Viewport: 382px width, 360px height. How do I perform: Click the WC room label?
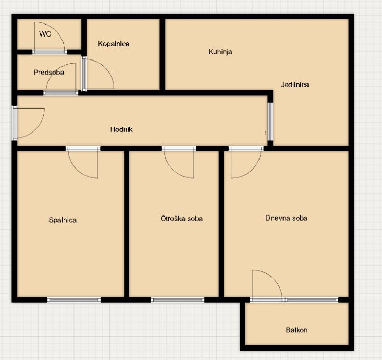pos(45,34)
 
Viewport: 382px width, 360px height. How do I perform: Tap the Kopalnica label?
pos(114,44)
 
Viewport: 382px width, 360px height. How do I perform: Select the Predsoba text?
pos(49,73)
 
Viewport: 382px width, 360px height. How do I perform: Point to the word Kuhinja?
pos(220,52)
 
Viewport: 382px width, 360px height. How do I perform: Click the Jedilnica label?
pos(295,85)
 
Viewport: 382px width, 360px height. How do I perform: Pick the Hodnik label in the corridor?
pos(121,129)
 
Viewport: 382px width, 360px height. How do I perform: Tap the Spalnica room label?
pos(63,220)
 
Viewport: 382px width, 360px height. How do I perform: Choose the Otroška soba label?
pos(181,218)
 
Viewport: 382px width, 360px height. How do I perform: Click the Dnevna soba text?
pos(286,218)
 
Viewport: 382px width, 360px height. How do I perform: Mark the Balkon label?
pos(297,330)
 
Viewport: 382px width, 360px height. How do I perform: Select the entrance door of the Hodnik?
pos(29,123)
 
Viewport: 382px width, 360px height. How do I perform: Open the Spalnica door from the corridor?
pos(83,162)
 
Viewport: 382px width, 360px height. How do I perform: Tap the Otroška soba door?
pos(179,162)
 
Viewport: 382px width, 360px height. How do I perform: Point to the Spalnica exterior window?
pos(74,300)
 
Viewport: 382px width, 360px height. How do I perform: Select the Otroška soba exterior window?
pos(178,300)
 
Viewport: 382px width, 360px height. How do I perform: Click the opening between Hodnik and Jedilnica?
pos(270,122)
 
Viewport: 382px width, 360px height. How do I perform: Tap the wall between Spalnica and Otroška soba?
pos(127,224)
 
